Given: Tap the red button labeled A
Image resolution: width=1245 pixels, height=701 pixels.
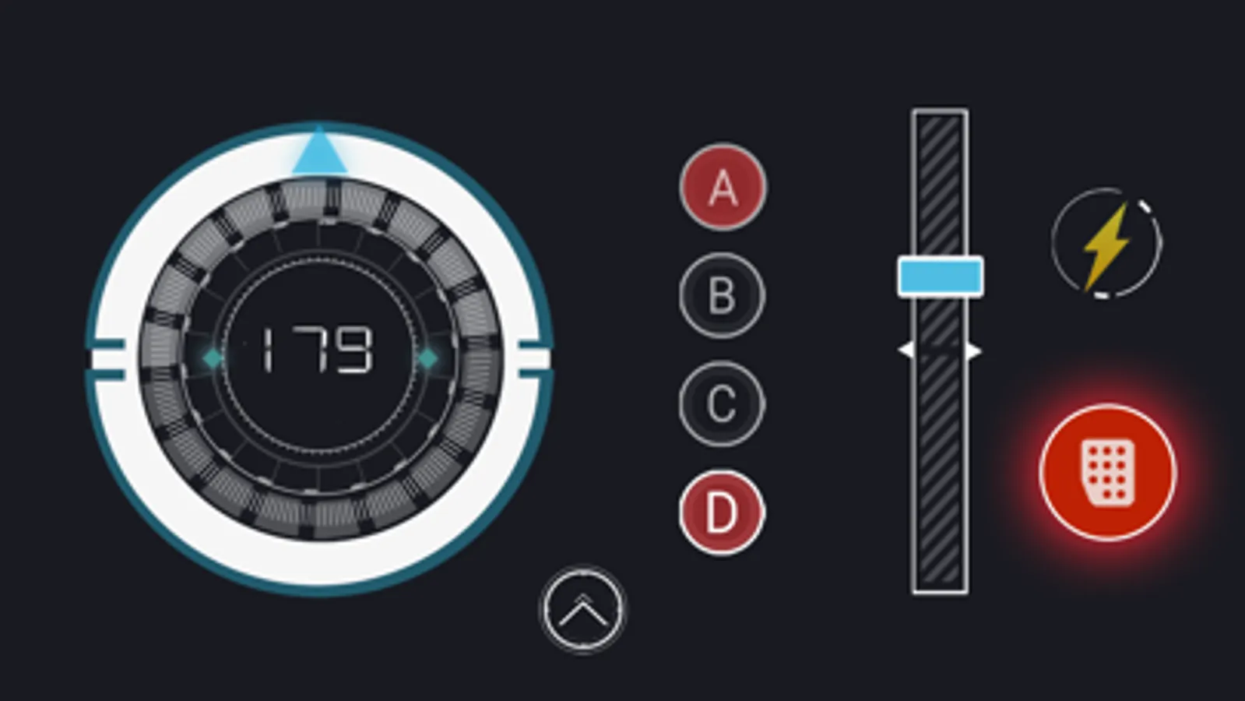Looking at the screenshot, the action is click(x=723, y=188).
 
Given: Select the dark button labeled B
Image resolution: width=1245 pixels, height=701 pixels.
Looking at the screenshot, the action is click(x=722, y=296).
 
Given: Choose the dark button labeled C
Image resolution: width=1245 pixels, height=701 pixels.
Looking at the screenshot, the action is click(x=722, y=404).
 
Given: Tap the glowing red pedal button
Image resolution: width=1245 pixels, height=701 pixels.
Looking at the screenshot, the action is click(x=1108, y=473).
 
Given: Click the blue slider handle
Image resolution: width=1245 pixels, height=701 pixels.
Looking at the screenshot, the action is click(x=941, y=277).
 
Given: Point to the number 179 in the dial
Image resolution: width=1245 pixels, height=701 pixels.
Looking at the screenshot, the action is click(x=316, y=350).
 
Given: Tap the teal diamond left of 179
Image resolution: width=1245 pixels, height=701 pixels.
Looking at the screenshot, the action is click(x=213, y=358).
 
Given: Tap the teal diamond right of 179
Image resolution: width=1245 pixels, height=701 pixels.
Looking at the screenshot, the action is click(x=427, y=358).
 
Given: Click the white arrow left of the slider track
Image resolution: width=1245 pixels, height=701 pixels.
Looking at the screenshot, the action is click(x=906, y=350).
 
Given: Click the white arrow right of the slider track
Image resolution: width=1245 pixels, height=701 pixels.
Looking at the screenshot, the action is click(x=975, y=351).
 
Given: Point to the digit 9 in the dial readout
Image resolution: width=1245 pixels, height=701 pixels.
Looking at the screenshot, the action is click(x=354, y=350).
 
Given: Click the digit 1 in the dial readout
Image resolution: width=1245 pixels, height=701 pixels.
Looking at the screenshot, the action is click(x=268, y=350).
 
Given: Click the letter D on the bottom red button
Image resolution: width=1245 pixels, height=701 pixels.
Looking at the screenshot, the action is click(x=722, y=513).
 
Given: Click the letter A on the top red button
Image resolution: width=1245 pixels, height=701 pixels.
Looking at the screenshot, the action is click(x=723, y=188).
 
